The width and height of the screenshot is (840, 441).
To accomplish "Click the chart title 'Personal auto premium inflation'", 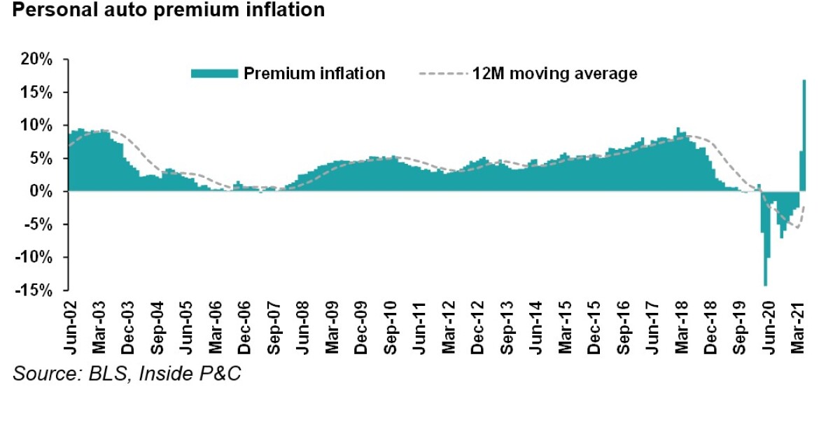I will pos(168,10).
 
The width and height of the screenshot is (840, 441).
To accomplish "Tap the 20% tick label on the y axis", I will pos(36,59).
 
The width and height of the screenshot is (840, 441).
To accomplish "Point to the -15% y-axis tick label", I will pos(34,290).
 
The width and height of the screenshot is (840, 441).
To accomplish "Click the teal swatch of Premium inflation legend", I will pos(214,73).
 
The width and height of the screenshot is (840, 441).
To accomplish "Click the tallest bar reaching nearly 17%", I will pos(804,136).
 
